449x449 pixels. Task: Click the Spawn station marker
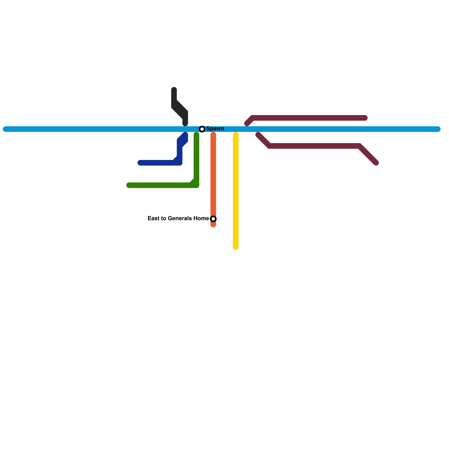tap(202, 129)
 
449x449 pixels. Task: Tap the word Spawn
tap(215, 129)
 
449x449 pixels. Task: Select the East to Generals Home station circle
tap(213, 219)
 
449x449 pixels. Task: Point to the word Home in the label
tap(201, 218)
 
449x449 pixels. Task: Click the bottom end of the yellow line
tap(236, 247)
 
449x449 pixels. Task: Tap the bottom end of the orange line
tap(213, 225)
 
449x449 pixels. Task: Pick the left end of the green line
tap(129, 185)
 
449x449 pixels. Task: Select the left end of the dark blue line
tap(140, 163)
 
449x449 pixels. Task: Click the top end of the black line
tap(174, 90)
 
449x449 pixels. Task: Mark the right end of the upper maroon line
tap(365, 118)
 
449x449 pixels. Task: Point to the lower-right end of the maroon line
tap(376, 163)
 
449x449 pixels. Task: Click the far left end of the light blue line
tap(5, 129)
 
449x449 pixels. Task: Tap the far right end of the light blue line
tap(438, 129)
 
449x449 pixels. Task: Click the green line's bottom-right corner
tap(196, 185)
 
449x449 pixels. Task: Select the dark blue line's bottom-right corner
tap(180, 163)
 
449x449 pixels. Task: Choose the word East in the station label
tap(153, 218)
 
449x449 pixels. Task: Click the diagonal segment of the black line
tap(180, 109)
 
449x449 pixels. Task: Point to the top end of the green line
tap(196, 134)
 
